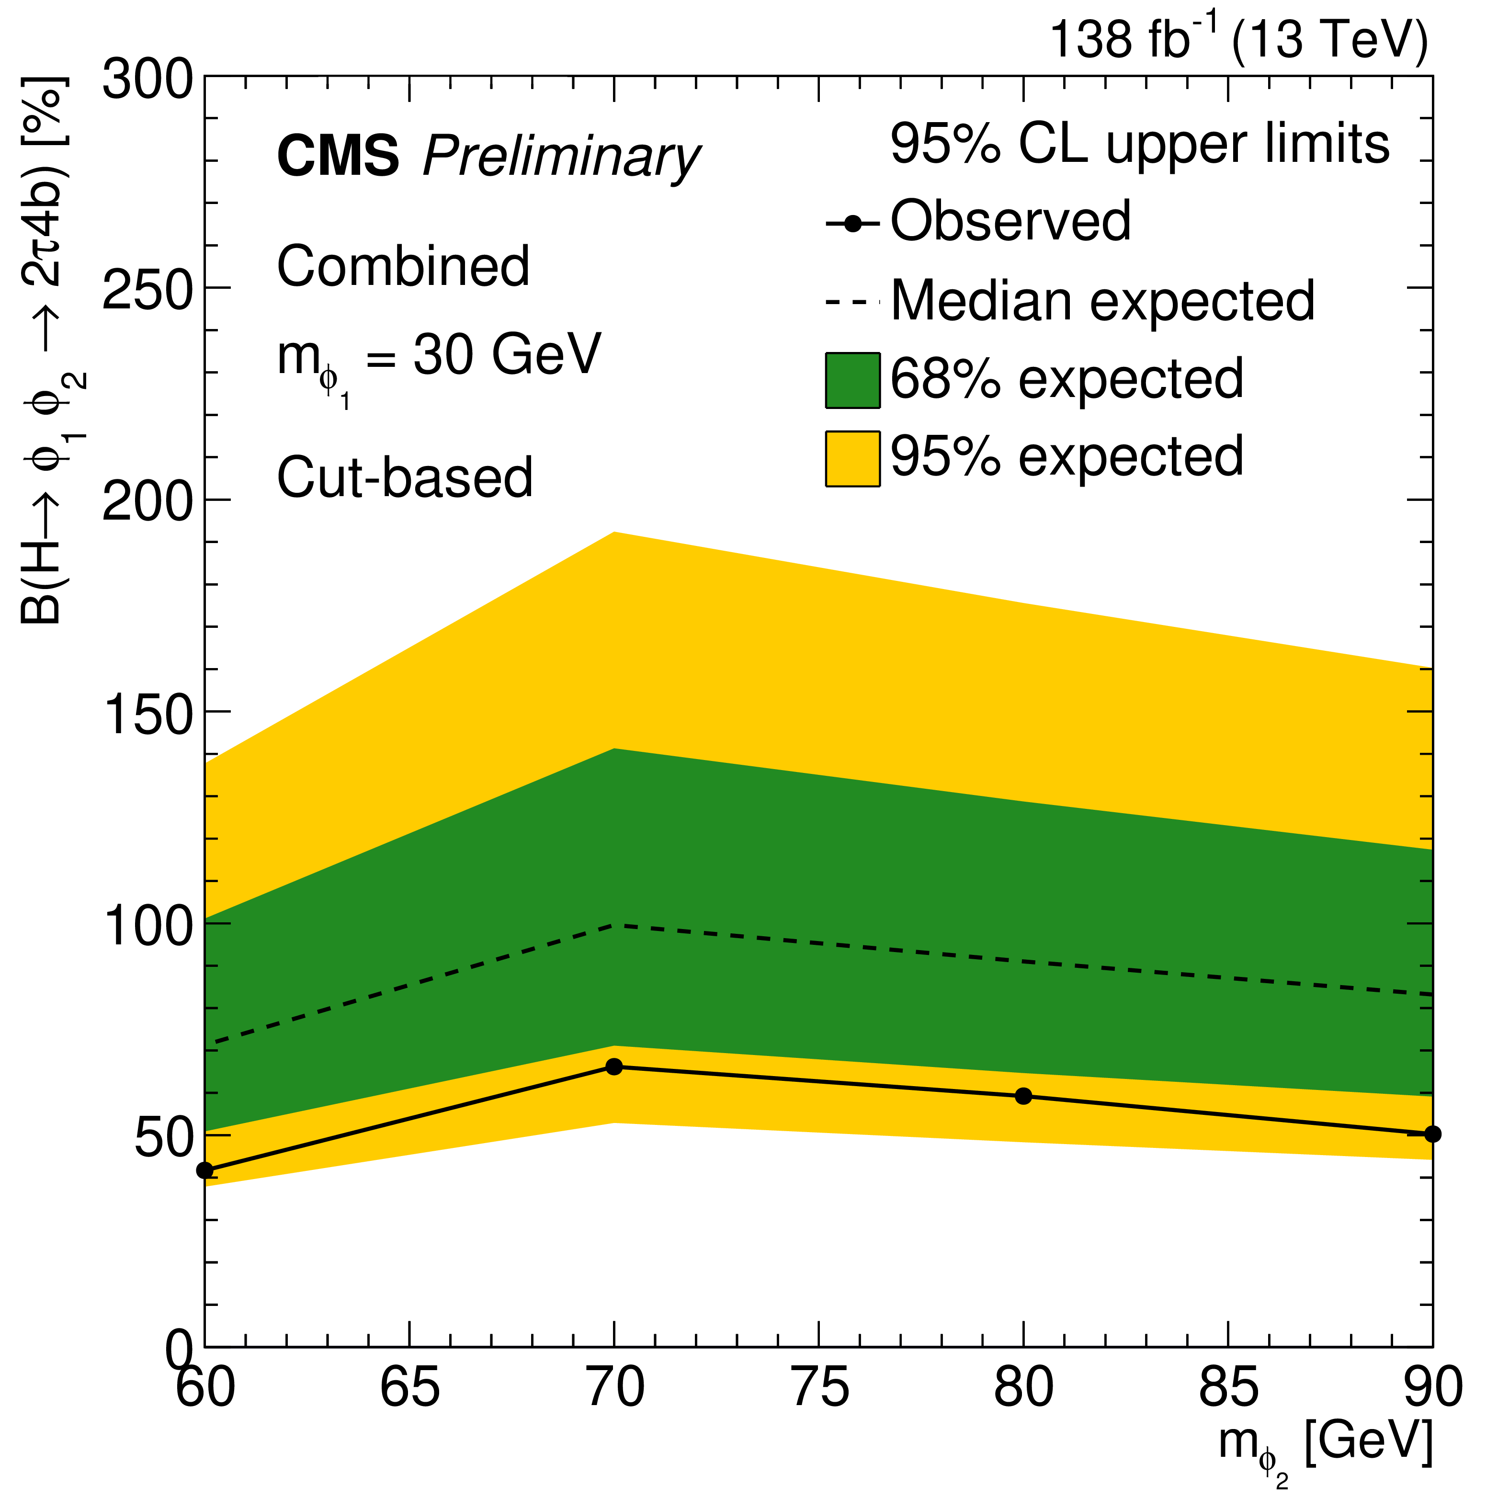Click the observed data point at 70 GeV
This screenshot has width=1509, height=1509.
(x=614, y=1066)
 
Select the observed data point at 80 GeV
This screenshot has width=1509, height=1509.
(x=1023, y=1096)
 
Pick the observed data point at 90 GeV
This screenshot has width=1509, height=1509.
(x=1432, y=1134)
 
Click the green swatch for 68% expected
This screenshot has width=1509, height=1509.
(x=852, y=380)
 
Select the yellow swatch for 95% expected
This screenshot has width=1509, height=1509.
(x=852, y=458)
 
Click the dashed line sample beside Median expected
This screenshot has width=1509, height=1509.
(x=852, y=302)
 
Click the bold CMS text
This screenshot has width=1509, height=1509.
(x=338, y=156)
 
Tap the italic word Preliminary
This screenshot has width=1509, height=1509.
(x=561, y=159)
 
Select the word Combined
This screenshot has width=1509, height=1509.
(x=403, y=266)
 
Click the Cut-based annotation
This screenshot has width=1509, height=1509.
(x=405, y=477)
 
